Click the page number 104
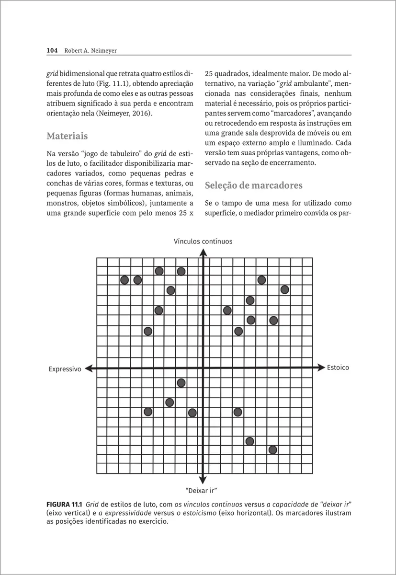click(x=52, y=50)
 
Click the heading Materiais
click(x=67, y=136)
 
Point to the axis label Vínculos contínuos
click(x=203, y=241)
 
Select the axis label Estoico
click(x=338, y=368)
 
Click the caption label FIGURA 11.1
click(x=64, y=505)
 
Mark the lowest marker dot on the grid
click(x=273, y=449)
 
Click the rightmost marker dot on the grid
click(x=284, y=289)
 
